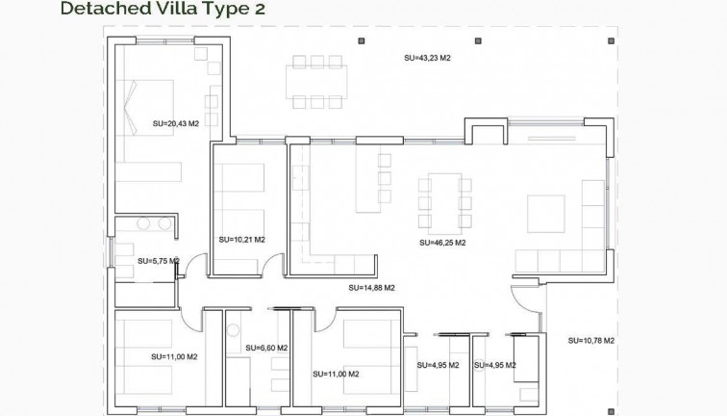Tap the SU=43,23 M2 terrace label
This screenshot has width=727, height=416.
coord(427,59)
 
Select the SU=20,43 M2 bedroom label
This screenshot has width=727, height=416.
coord(175,123)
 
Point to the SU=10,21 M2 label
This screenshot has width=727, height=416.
coord(241,240)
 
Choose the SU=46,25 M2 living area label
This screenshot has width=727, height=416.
coord(442,243)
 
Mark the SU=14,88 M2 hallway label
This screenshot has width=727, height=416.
coord(372,287)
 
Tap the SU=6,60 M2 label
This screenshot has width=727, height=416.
coord(266,348)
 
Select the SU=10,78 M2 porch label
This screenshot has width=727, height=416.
coord(591,340)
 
